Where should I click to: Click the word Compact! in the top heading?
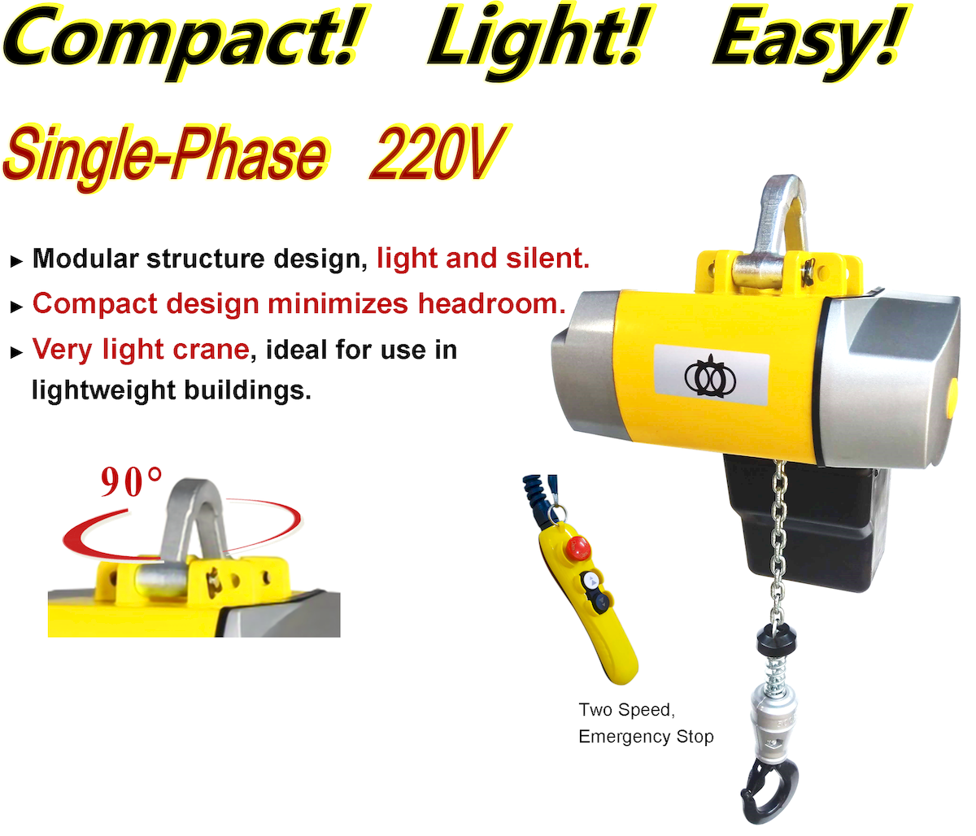point(184,40)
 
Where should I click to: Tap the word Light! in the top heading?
point(541,40)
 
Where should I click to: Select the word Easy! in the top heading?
point(810,40)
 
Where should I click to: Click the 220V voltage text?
point(439,154)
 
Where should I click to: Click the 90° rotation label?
point(132,482)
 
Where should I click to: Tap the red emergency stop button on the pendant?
point(578,547)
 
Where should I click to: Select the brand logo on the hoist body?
point(711,377)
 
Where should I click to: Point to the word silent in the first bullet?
point(547,259)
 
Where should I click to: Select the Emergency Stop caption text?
point(646,737)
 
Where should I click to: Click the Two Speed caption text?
point(627,710)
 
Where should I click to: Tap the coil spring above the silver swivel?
point(776,673)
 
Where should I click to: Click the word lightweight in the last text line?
point(103,391)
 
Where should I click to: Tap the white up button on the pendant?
point(591,580)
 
